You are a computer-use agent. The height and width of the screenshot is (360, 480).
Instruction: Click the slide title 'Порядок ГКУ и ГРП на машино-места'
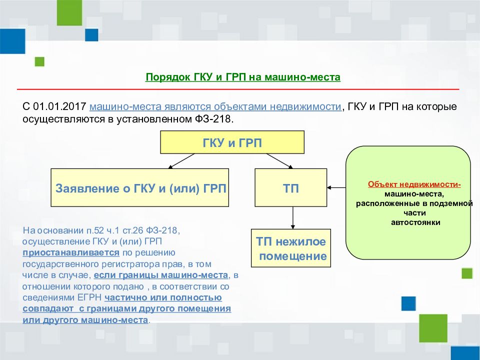243,77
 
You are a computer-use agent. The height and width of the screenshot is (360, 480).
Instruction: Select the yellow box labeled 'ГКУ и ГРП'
232,142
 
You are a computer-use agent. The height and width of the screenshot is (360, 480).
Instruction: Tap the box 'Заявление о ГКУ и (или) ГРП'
139,187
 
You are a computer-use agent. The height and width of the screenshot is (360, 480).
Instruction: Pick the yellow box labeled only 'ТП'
291,187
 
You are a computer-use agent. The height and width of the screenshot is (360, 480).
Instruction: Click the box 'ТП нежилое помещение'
291,248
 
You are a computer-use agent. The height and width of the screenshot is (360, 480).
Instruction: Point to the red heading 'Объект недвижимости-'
414,184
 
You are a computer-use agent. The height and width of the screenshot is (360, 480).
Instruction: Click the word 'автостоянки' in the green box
415,222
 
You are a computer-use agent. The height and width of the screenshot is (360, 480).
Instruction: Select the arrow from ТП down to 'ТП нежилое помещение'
292,217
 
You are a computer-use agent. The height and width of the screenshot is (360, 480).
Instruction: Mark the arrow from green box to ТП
336,187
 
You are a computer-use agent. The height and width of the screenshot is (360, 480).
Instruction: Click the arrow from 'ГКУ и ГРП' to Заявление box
181,161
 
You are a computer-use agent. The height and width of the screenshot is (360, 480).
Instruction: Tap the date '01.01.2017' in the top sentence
59,106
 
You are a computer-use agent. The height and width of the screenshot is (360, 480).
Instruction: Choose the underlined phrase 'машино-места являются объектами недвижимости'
215,107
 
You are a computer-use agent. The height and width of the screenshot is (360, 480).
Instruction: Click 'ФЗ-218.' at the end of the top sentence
214,119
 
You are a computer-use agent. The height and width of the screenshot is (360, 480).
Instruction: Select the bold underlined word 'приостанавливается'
71,253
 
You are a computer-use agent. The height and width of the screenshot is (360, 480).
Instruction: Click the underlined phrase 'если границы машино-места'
160,275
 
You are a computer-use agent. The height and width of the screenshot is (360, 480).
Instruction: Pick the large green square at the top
69,12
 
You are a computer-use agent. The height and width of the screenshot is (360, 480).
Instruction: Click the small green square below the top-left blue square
39,61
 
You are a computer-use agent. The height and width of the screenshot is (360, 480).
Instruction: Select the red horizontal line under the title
238,89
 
